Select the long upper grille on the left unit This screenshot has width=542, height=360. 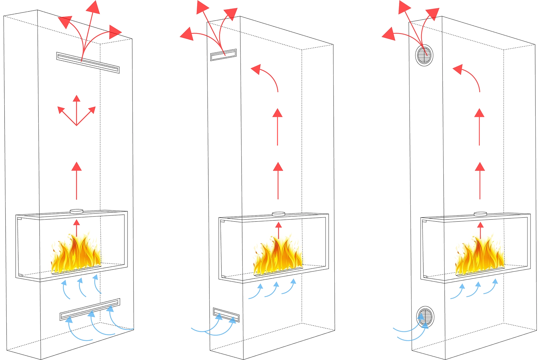tap(87, 62)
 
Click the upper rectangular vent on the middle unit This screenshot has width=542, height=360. tap(223, 54)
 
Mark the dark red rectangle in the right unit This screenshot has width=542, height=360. tap(489, 133)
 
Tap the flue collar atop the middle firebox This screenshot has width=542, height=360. tap(278, 213)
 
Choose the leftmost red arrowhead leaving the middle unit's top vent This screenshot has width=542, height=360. tap(185, 34)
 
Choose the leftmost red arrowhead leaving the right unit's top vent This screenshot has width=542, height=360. tap(388, 34)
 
